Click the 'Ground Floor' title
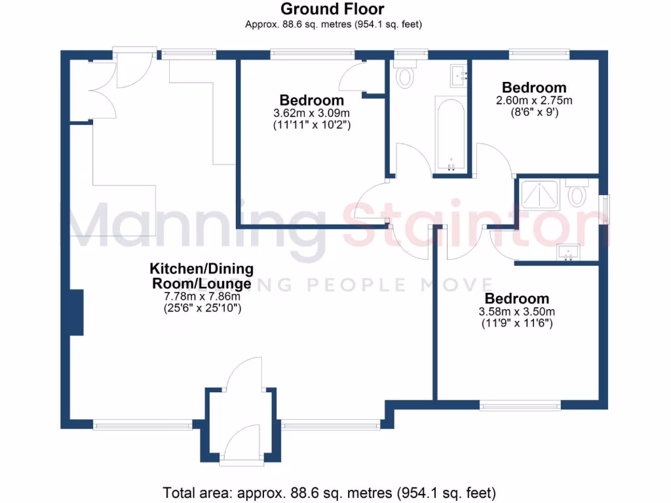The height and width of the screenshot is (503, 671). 332,9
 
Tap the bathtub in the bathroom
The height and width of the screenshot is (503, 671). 450,133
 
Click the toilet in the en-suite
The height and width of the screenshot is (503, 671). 577,195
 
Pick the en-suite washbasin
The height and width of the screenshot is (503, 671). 567,251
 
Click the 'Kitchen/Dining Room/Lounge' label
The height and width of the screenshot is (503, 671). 202,276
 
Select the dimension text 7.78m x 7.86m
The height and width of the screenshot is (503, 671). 202,297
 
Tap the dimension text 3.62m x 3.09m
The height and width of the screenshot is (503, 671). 312,113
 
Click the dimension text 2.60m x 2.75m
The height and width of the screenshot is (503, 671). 534,101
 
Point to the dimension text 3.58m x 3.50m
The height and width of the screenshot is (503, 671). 517,311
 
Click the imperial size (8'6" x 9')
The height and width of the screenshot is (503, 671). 534,112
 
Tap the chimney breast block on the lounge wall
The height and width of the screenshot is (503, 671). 77,312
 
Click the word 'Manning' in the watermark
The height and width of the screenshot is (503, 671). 197,226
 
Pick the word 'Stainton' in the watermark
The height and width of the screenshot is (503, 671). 478,226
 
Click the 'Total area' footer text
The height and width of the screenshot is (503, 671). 329,492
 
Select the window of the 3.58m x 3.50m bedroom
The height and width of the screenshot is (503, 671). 520,406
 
